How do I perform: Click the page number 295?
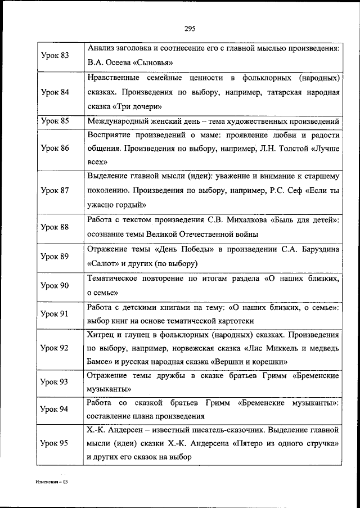(x=189, y=29)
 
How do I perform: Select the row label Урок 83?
(x=55, y=56)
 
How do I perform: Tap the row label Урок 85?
(x=55, y=120)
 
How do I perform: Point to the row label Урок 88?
(x=55, y=227)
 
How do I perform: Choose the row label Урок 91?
(x=55, y=314)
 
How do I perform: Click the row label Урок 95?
(x=55, y=443)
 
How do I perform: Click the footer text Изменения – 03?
(x=52, y=482)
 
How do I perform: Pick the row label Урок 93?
(x=55, y=382)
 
